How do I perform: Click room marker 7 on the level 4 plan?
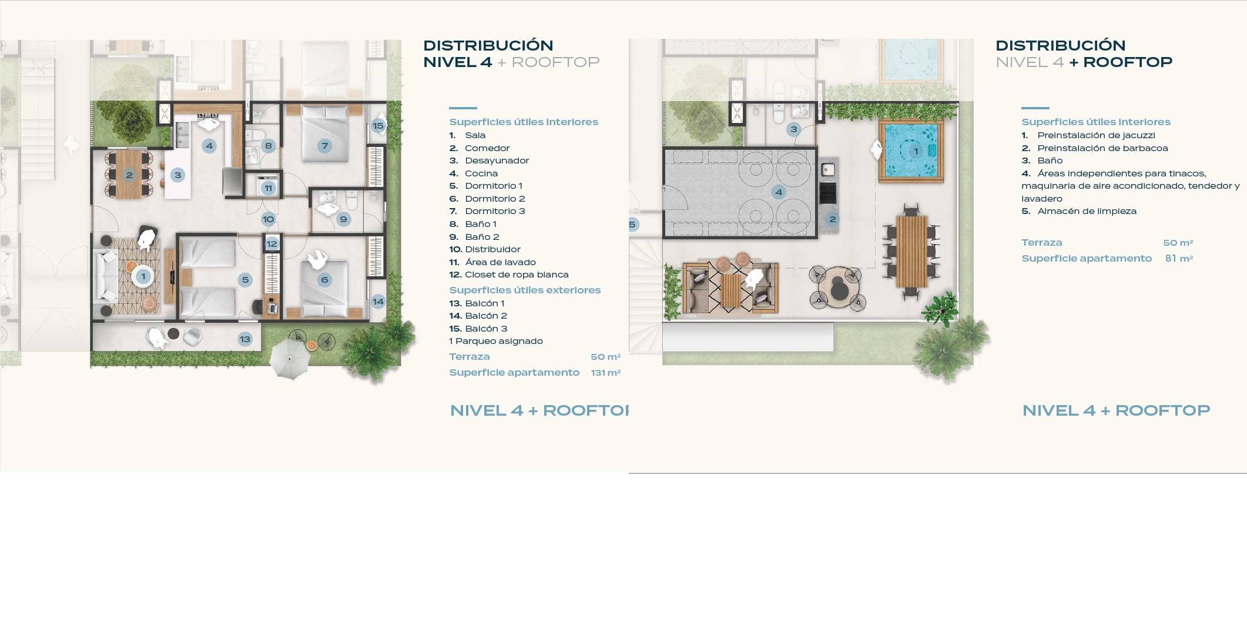pyautogui.click(x=324, y=146)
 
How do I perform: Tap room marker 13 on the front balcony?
pyautogui.click(x=245, y=339)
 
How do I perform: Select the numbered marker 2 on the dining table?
pyautogui.click(x=129, y=175)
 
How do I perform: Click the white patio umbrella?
pyautogui.click(x=290, y=358)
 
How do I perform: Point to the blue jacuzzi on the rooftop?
pyautogui.click(x=911, y=151)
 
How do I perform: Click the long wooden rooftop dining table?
pyautogui.click(x=911, y=251)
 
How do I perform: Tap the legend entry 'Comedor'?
pyautogui.click(x=487, y=148)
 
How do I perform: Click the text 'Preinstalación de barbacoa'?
pyautogui.click(x=1102, y=148)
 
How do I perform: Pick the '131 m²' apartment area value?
pyautogui.click(x=605, y=373)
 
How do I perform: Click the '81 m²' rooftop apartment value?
pyautogui.click(x=1179, y=258)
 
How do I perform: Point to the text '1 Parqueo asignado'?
pyautogui.click(x=496, y=341)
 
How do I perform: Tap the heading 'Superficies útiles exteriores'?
pyautogui.click(x=525, y=290)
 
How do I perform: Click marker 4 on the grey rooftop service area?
pyautogui.click(x=779, y=192)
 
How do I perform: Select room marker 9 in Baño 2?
pyautogui.click(x=344, y=219)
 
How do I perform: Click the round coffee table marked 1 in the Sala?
pyautogui.click(x=143, y=276)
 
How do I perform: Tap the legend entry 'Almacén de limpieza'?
pyautogui.click(x=1087, y=211)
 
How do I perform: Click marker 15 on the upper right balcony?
pyautogui.click(x=378, y=125)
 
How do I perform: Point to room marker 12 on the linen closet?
pyautogui.click(x=271, y=243)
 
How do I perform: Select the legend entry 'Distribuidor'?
pyautogui.click(x=492, y=249)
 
